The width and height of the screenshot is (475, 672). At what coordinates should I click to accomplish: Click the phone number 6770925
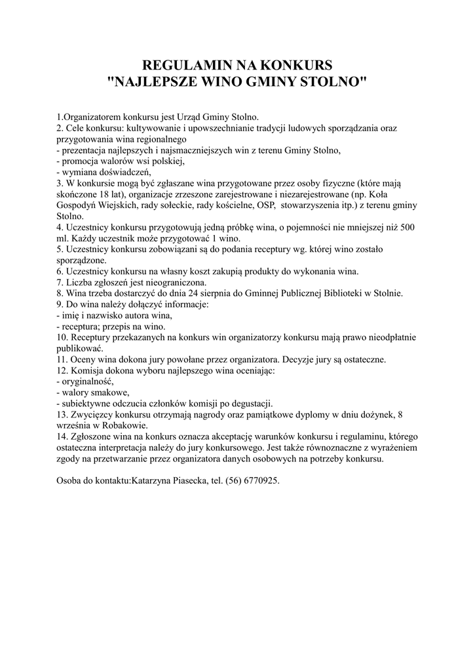pyautogui.click(x=261, y=481)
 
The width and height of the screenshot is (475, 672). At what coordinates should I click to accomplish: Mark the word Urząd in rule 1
pyautogui.click(x=190, y=117)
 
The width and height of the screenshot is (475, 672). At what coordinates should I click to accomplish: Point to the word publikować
pyautogui.click(x=81, y=348)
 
